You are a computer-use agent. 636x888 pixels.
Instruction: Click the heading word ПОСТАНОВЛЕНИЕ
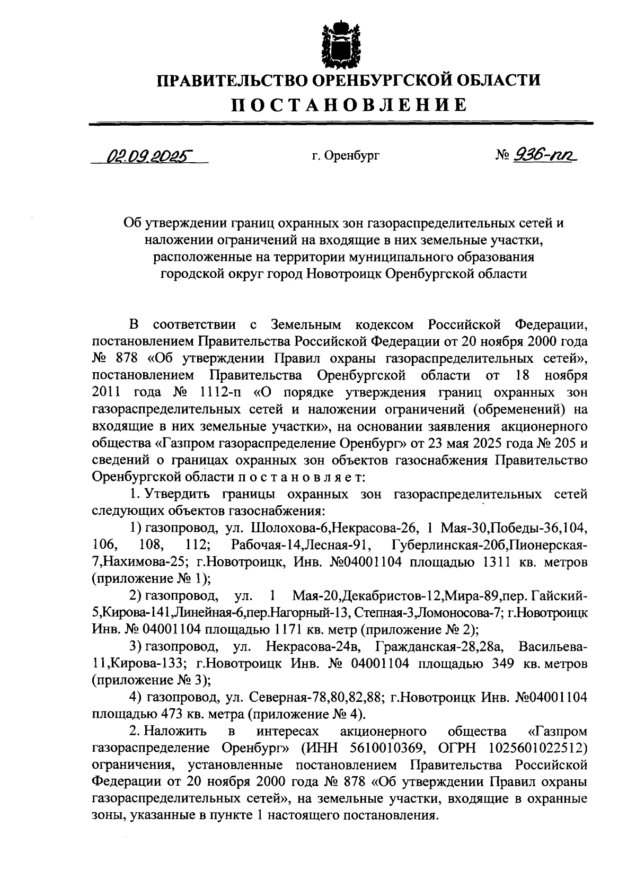point(350,104)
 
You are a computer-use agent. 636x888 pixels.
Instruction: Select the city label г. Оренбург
point(346,156)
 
